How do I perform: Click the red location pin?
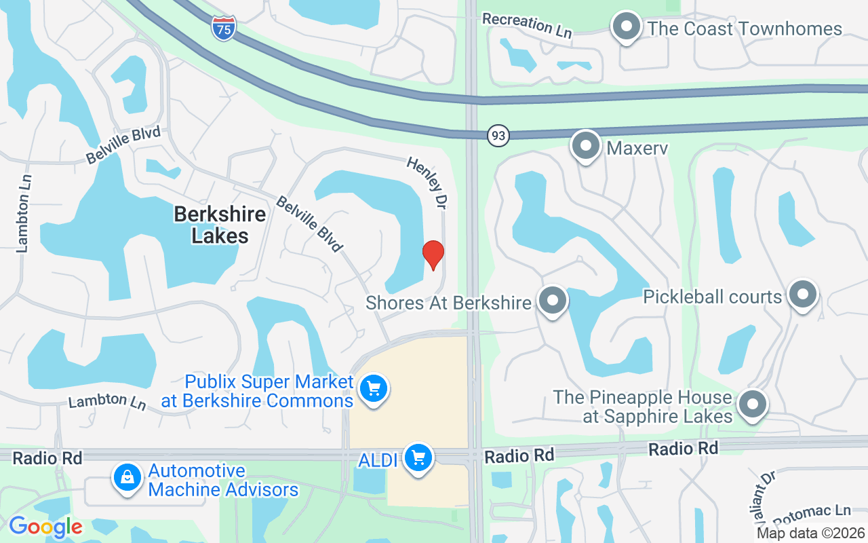(x=433, y=255)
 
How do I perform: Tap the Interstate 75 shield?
(x=223, y=29)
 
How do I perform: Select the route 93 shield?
(x=498, y=136)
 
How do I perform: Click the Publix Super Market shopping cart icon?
(x=373, y=390)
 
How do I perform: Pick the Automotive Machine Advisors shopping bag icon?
(x=127, y=478)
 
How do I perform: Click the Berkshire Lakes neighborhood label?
(x=220, y=225)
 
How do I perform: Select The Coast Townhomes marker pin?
(x=627, y=28)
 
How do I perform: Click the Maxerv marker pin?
(x=585, y=146)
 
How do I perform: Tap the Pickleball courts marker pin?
(x=804, y=295)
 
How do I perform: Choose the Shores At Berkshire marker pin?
(x=553, y=300)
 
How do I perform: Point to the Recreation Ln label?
(x=527, y=25)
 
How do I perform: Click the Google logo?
(x=45, y=527)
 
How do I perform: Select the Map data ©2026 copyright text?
(x=810, y=533)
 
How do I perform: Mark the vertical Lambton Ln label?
(x=24, y=214)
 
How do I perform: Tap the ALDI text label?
(x=378, y=460)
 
